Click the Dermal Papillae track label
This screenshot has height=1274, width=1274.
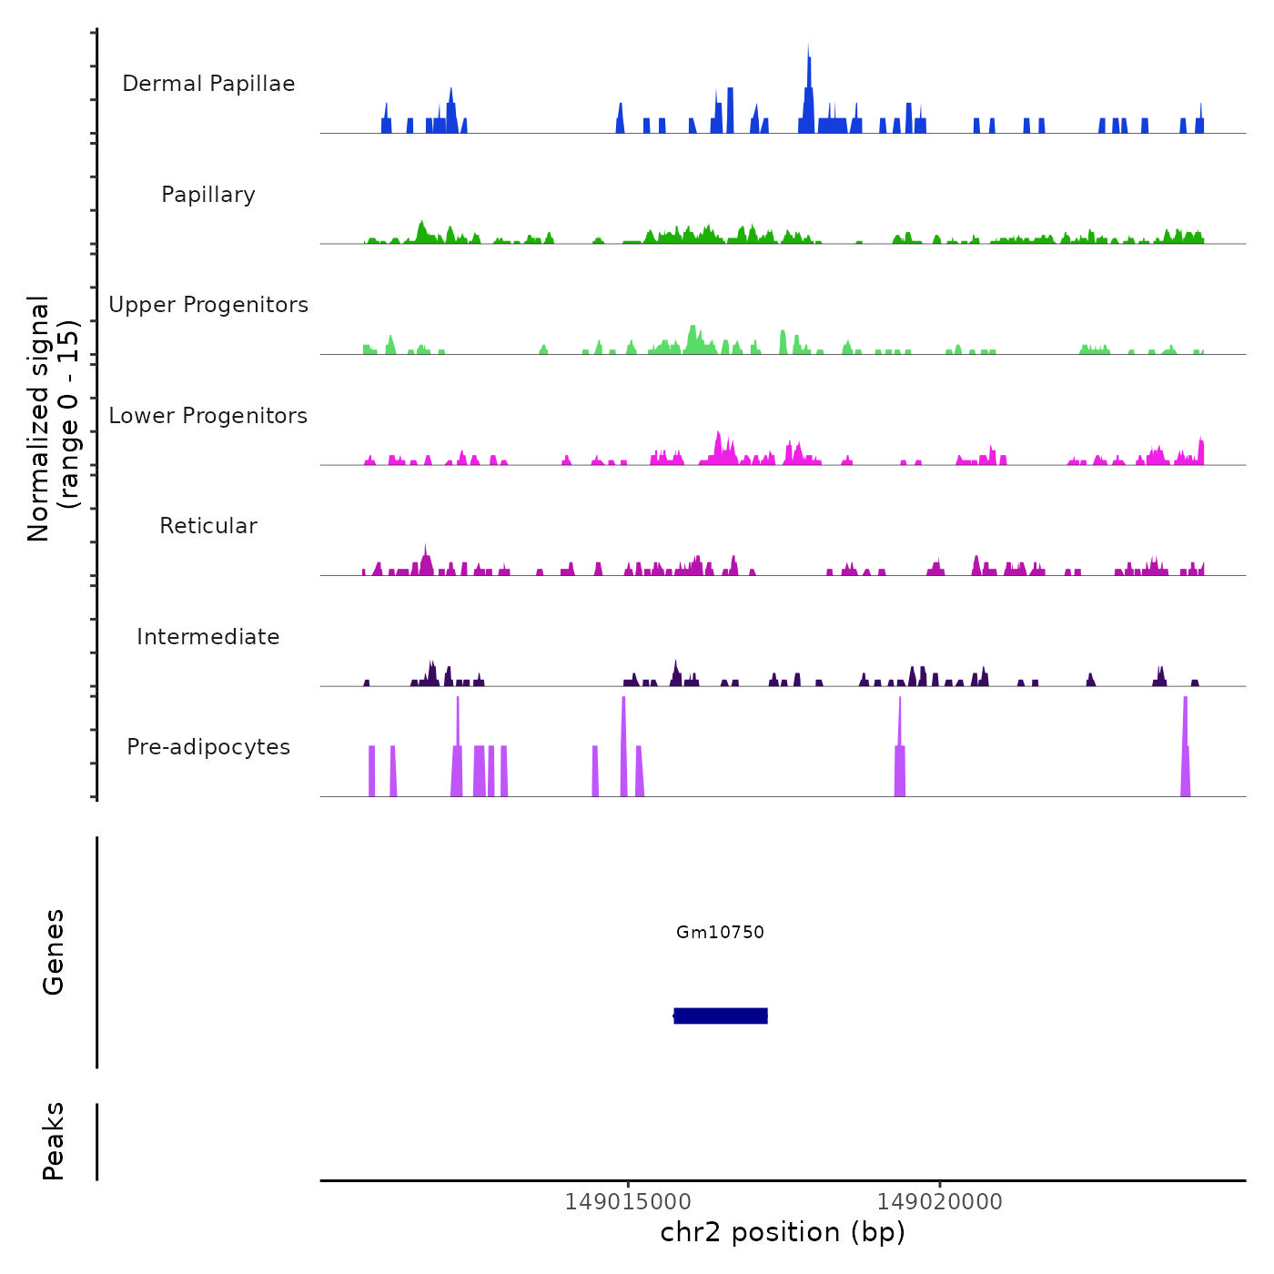[x=208, y=84]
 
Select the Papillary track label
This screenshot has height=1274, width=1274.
[x=208, y=195]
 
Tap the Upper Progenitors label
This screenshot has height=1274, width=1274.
[x=208, y=305]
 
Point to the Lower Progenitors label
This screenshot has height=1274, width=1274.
[x=208, y=416]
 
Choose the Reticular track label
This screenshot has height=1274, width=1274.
[x=208, y=526]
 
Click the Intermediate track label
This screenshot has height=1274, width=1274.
[x=208, y=637]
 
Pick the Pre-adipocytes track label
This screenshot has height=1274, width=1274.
[x=208, y=747]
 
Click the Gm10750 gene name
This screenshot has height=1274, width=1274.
[x=720, y=932]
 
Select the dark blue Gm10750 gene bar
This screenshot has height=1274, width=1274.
[x=721, y=1016]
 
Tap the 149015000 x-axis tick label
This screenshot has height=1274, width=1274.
[x=627, y=1202]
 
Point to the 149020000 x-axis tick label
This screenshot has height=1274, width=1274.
[x=939, y=1202]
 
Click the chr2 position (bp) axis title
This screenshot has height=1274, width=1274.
[x=783, y=1232]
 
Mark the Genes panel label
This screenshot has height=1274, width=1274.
[x=54, y=952]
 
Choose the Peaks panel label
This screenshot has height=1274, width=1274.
[x=54, y=1141]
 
